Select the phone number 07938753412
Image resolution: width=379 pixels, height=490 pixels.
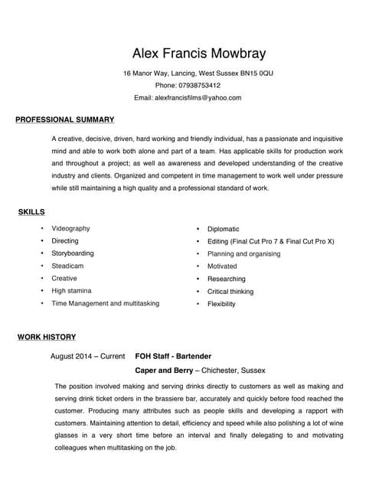(x=198, y=86)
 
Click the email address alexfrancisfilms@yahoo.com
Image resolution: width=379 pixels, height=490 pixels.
(x=198, y=98)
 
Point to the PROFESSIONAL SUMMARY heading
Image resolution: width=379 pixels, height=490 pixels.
(x=65, y=119)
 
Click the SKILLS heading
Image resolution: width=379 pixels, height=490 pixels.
(x=31, y=211)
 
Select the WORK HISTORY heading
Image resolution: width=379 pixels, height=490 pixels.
(x=46, y=337)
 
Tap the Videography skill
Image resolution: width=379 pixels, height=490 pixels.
(x=70, y=229)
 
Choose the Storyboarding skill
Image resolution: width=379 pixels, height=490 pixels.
(x=73, y=253)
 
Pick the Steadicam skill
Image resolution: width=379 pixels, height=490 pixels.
(x=67, y=266)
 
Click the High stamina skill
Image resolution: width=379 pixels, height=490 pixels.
(x=71, y=291)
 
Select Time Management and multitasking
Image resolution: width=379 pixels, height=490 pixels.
(x=106, y=303)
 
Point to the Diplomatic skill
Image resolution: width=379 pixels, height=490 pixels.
(x=224, y=229)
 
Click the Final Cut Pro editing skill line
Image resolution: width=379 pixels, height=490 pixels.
(x=270, y=241)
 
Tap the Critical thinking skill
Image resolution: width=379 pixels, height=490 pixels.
(x=230, y=292)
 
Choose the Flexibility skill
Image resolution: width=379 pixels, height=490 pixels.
(x=221, y=304)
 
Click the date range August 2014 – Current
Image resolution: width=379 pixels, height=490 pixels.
(x=87, y=356)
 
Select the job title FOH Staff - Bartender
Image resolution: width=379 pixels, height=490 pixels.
(x=173, y=356)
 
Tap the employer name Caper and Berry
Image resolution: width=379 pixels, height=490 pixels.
(x=164, y=370)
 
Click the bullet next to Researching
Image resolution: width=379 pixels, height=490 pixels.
(x=198, y=279)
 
